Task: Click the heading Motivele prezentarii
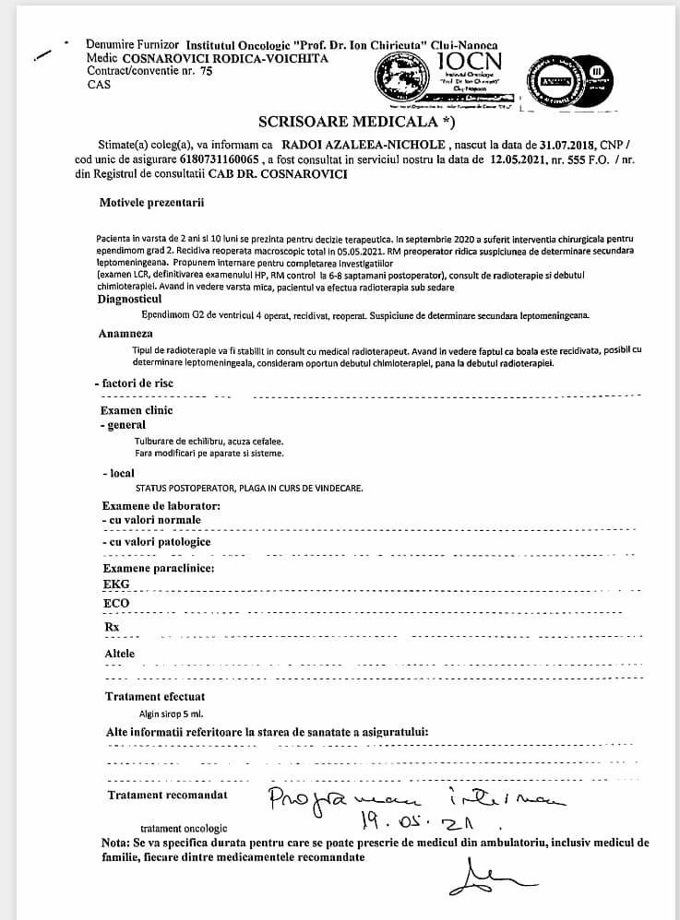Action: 151,201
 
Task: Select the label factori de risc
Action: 137,383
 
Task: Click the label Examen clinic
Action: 137,410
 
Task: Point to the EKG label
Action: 117,584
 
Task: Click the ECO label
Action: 117,604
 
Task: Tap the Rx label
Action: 113,628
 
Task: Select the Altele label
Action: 120,654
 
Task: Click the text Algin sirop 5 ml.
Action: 170,714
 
